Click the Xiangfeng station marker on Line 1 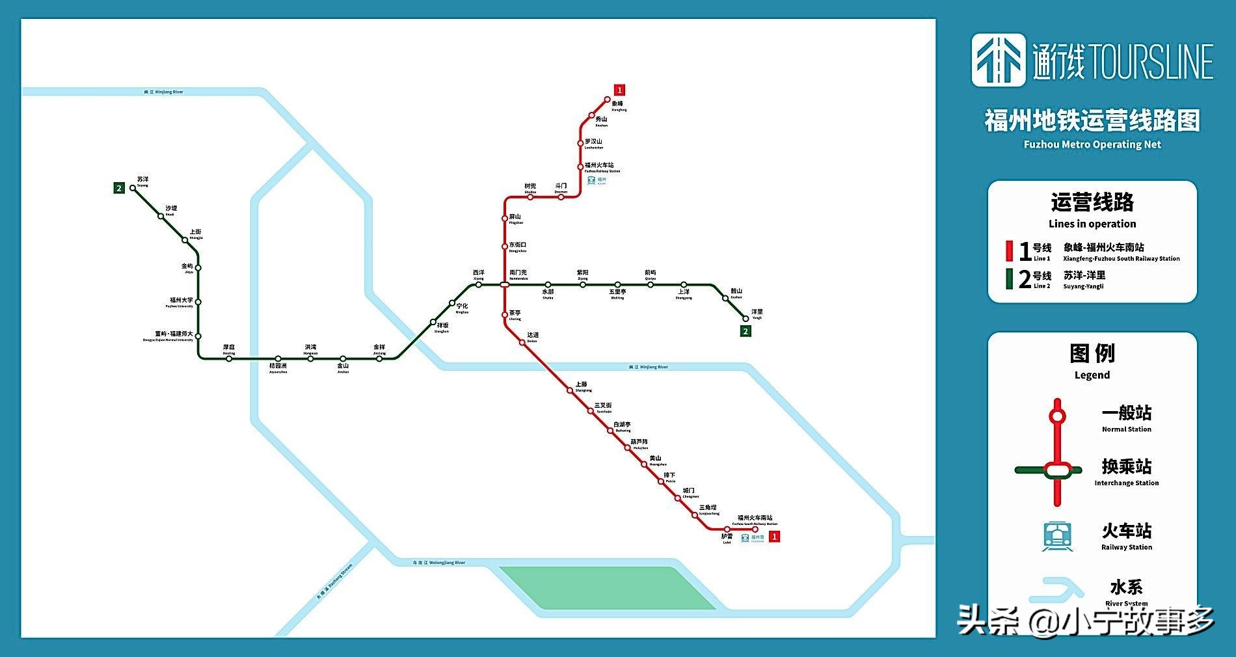click(607, 100)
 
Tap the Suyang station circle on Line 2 click(133, 188)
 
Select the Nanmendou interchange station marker click(504, 284)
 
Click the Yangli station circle click(746, 319)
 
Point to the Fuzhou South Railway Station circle click(755, 530)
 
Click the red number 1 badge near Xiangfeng click(620, 90)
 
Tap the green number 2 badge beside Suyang click(118, 189)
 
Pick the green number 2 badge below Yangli click(746, 331)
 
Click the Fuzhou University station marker click(198, 302)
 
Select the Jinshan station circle click(343, 358)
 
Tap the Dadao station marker click(522, 342)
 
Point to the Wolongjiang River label click(439, 563)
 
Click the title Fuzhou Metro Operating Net click(1092, 144)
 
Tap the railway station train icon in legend click(1056, 537)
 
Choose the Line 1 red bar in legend click(1009, 251)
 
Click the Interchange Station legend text click(1126, 483)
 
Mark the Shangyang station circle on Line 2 click(684, 285)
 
